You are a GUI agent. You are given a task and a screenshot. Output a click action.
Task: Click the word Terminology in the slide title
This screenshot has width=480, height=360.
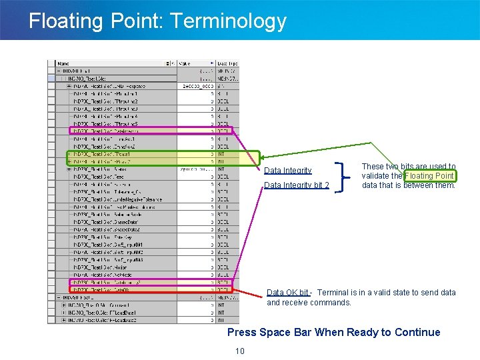229,21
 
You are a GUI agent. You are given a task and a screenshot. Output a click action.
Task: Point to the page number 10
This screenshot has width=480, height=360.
240,351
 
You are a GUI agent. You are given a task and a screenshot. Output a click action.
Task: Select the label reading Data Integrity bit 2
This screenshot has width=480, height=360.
296,185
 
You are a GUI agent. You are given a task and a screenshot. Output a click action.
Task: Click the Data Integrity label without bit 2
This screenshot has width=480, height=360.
287,171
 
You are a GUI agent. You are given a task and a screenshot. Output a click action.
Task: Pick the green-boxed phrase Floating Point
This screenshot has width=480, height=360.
429,176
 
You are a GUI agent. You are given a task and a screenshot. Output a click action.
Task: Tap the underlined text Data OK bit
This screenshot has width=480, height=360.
287,293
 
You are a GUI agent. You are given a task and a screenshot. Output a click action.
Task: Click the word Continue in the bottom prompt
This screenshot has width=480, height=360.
416,332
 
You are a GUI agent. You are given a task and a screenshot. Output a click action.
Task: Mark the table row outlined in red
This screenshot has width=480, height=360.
150,290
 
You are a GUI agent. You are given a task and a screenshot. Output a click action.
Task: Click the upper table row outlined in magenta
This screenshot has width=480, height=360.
150,131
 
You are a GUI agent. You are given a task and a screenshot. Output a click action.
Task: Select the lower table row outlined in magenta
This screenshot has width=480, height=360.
150,283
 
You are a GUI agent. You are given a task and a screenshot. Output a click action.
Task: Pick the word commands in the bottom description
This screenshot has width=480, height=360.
333,303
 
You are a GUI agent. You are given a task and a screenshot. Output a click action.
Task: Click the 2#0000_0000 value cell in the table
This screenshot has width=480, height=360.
197,86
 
